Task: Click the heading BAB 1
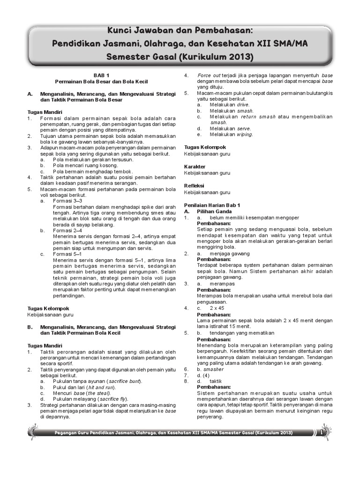point(101,75)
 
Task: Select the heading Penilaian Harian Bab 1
point(212,205)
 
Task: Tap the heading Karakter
point(195,167)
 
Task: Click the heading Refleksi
point(194,186)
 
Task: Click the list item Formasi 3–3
point(67,200)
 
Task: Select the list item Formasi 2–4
point(67,230)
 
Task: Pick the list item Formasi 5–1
point(67,254)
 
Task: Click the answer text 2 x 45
point(217,308)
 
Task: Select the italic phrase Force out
point(209,75)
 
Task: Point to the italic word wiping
point(244,134)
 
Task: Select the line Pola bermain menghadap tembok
point(93,172)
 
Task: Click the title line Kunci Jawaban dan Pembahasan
point(180,31)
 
